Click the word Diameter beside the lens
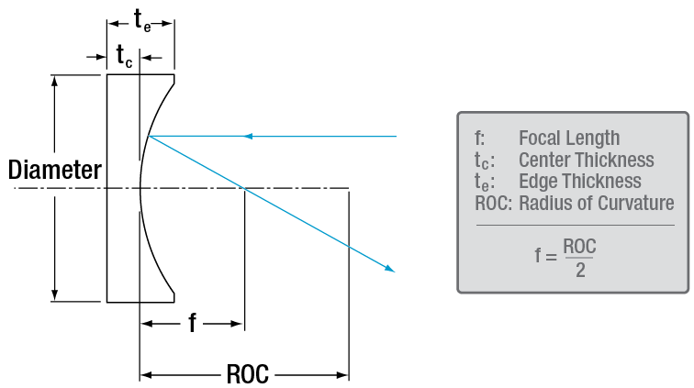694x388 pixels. click(54, 170)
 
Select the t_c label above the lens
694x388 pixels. click(123, 57)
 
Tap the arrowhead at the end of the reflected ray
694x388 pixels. click(391, 269)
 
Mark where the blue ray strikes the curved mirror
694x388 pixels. click(148, 137)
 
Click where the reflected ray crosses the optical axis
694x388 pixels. click(243, 189)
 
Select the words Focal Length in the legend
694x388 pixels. click(569, 139)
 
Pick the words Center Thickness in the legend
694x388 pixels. click(586, 161)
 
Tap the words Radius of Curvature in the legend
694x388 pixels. click(596, 203)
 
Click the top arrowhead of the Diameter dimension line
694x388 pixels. click(57, 81)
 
